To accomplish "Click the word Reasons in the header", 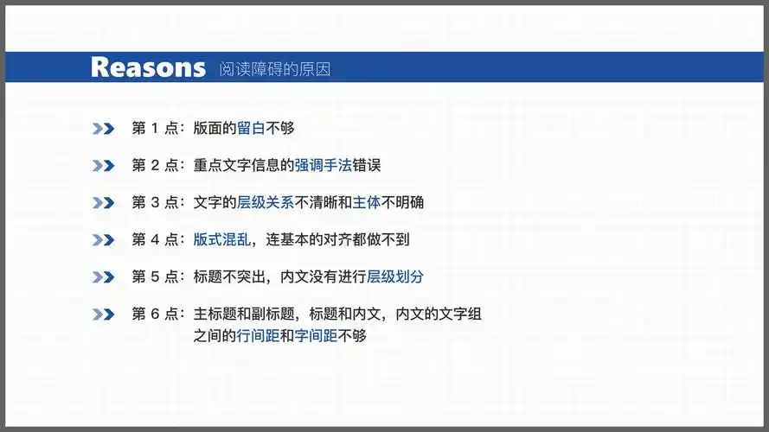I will tap(148, 67).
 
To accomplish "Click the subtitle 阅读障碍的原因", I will tap(274, 69).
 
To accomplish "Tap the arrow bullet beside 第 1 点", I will tap(103, 129).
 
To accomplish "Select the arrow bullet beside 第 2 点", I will tap(103, 166).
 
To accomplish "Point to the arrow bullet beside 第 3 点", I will tap(103, 203).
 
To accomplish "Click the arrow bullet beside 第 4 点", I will tap(103, 240).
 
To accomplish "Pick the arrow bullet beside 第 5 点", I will tap(103, 277).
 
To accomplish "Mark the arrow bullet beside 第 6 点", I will tap(103, 314).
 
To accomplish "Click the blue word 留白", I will tap(251, 129).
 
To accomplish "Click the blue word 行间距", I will tap(258, 336).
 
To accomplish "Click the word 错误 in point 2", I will tap(366, 166).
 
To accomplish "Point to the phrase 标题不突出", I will tap(228, 277).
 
